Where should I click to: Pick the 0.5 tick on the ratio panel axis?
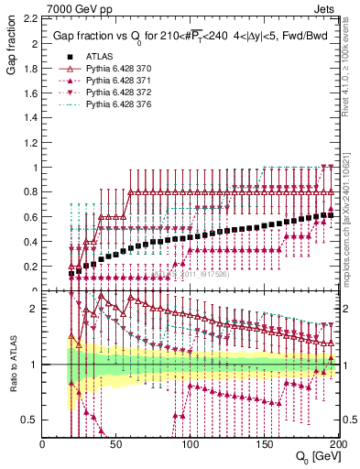[x=31, y=419]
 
